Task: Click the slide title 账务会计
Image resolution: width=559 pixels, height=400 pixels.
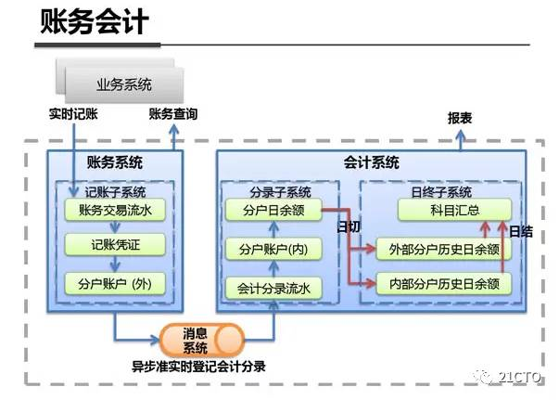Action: coord(94,22)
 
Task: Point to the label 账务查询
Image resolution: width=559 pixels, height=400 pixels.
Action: coord(172,115)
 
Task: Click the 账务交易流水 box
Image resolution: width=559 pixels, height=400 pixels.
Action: coord(115,211)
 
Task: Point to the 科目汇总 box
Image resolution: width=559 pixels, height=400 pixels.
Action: coord(454,211)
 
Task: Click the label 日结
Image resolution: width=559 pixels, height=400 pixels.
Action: coord(521,230)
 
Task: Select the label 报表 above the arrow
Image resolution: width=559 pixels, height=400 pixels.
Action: coord(460,119)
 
